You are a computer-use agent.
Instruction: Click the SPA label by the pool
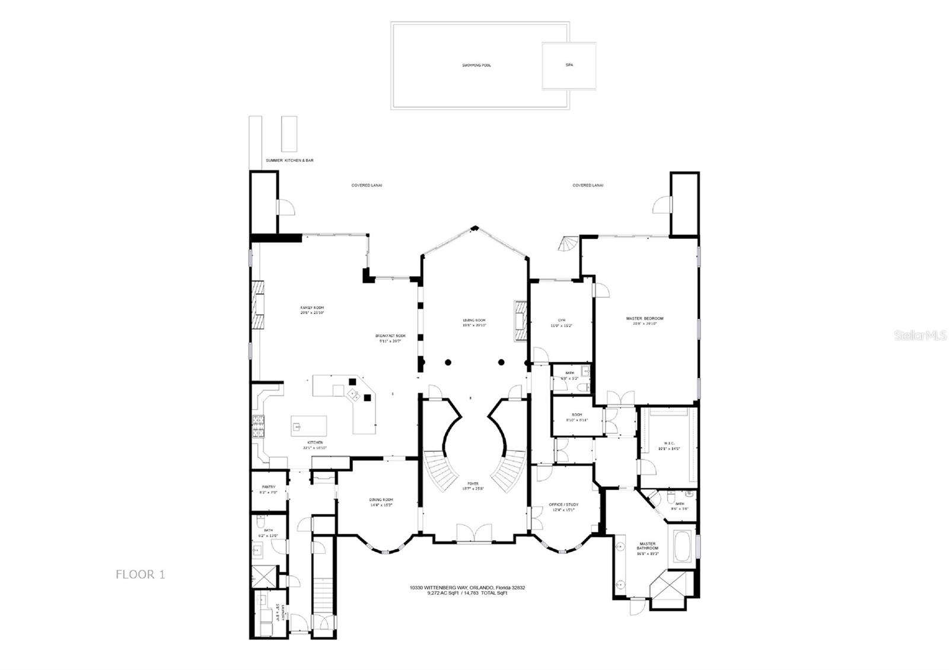(569, 65)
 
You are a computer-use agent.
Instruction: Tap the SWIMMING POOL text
(476, 65)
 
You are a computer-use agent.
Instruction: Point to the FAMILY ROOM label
(312, 308)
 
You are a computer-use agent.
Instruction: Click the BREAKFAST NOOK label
(390, 336)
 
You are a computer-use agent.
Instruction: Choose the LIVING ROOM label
(474, 321)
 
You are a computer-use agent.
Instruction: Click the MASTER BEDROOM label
(645, 319)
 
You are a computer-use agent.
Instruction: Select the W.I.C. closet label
(668, 443)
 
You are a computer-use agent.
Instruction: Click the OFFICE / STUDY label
(564, 505)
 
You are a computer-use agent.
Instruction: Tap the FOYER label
(473, 484)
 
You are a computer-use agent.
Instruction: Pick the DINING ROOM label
(381, 500)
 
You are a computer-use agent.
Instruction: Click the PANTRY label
(268, 487)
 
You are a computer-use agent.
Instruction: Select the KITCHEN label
(315, 443)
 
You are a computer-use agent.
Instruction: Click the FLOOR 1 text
(140, 574)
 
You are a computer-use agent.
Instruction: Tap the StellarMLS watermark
(925, 335)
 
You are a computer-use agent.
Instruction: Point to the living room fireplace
(520, 321)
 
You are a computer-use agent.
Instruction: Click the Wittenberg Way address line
(467, 588)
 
